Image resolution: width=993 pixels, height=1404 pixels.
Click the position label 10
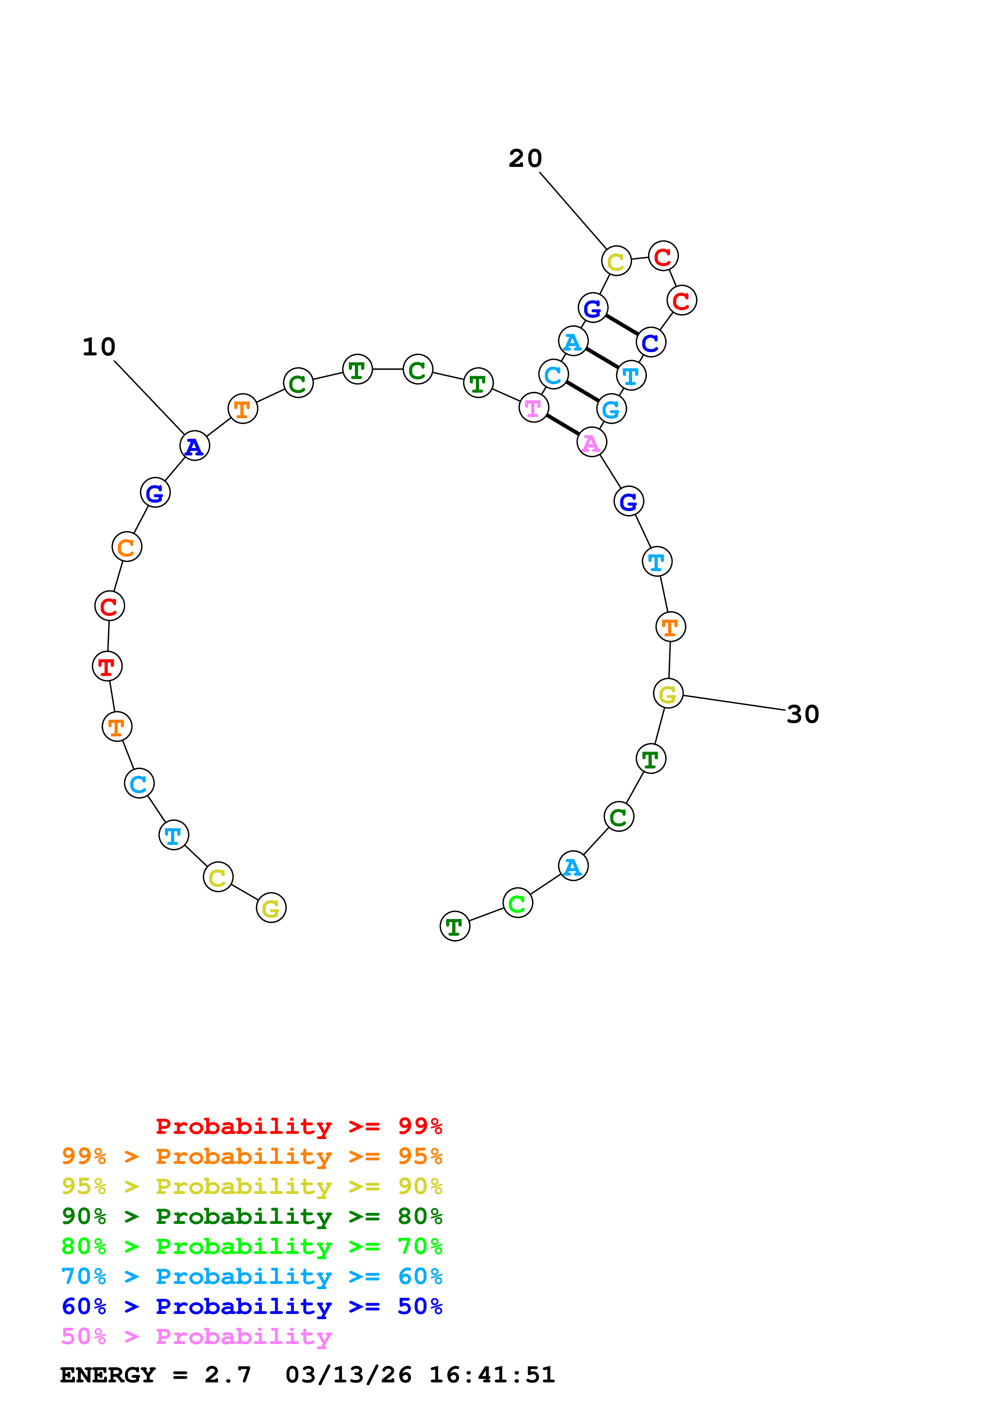(99, 347)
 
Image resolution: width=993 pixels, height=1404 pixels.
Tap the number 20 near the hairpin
(525, 158)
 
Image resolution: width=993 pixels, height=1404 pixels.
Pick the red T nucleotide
(107, 666)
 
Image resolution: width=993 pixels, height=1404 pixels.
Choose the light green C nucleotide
(518, 903)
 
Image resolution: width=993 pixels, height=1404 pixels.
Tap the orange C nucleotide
(127, 547)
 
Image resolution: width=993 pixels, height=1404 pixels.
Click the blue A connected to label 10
(195, 446)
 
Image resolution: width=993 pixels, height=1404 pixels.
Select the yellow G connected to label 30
(668, 694)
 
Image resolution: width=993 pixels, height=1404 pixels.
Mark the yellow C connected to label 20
(616, 261)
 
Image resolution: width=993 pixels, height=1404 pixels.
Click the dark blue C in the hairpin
(651, 343)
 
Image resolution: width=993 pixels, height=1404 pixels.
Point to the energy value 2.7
(228, 1375)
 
